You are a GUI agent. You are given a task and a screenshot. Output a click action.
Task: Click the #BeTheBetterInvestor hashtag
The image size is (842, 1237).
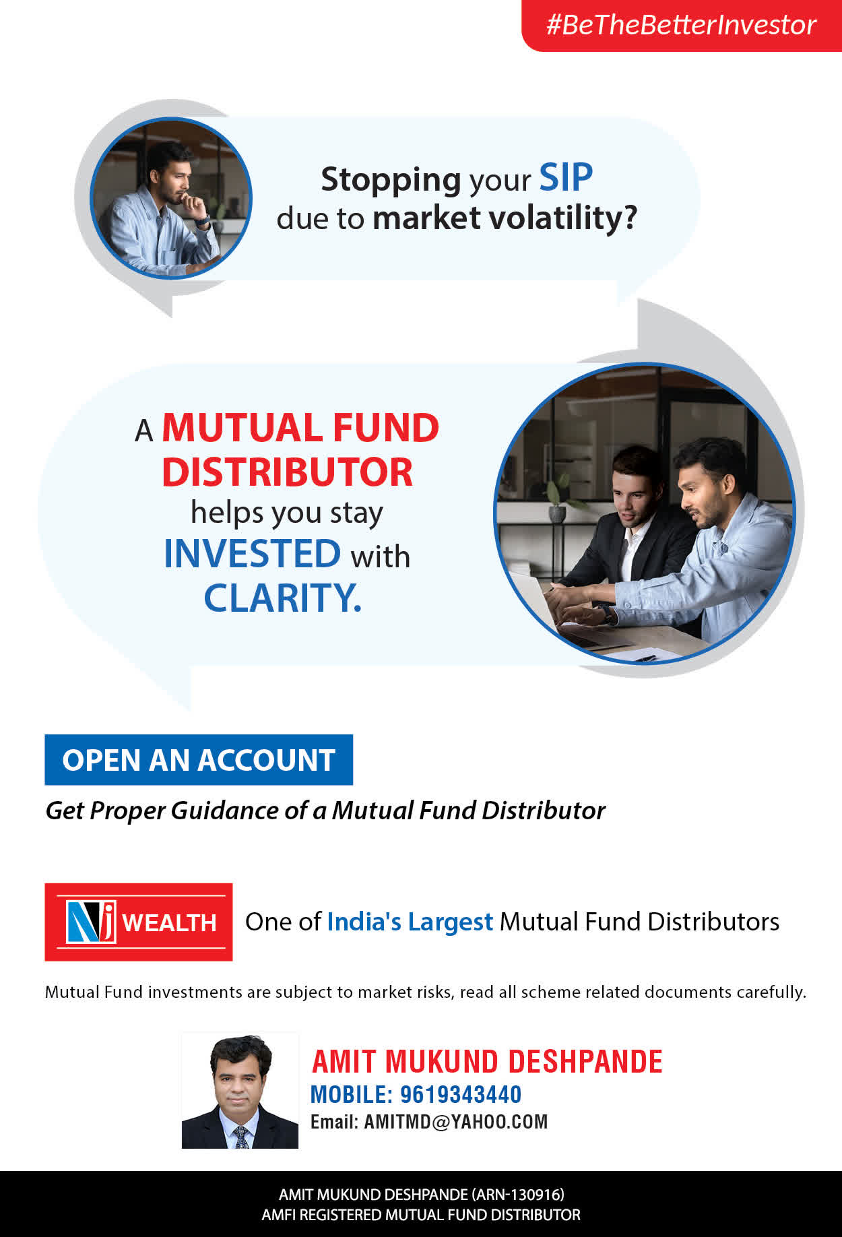(x=681, y=25)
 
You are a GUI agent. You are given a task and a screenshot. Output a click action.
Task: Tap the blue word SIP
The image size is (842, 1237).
(x=566, y=178)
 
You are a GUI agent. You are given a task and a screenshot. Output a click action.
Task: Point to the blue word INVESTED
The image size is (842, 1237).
(x=253, y=554)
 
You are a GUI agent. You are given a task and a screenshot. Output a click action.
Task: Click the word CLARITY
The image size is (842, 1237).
(x=283, y=598)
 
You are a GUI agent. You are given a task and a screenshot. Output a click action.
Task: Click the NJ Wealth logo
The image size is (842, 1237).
(x=139, y=922)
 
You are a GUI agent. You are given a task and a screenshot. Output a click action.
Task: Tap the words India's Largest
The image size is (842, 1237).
(x=410, y=922)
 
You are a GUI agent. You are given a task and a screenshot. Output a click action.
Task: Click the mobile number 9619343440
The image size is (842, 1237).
(x=461, y=1094)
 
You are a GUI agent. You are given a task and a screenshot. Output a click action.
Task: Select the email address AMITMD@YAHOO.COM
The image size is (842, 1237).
(x=456, y=1122)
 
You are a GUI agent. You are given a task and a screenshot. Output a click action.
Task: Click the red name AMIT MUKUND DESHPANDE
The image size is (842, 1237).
(x=487, y=1062)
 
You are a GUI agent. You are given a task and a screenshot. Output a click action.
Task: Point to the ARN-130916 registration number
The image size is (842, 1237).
(x=517, y=1195)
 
